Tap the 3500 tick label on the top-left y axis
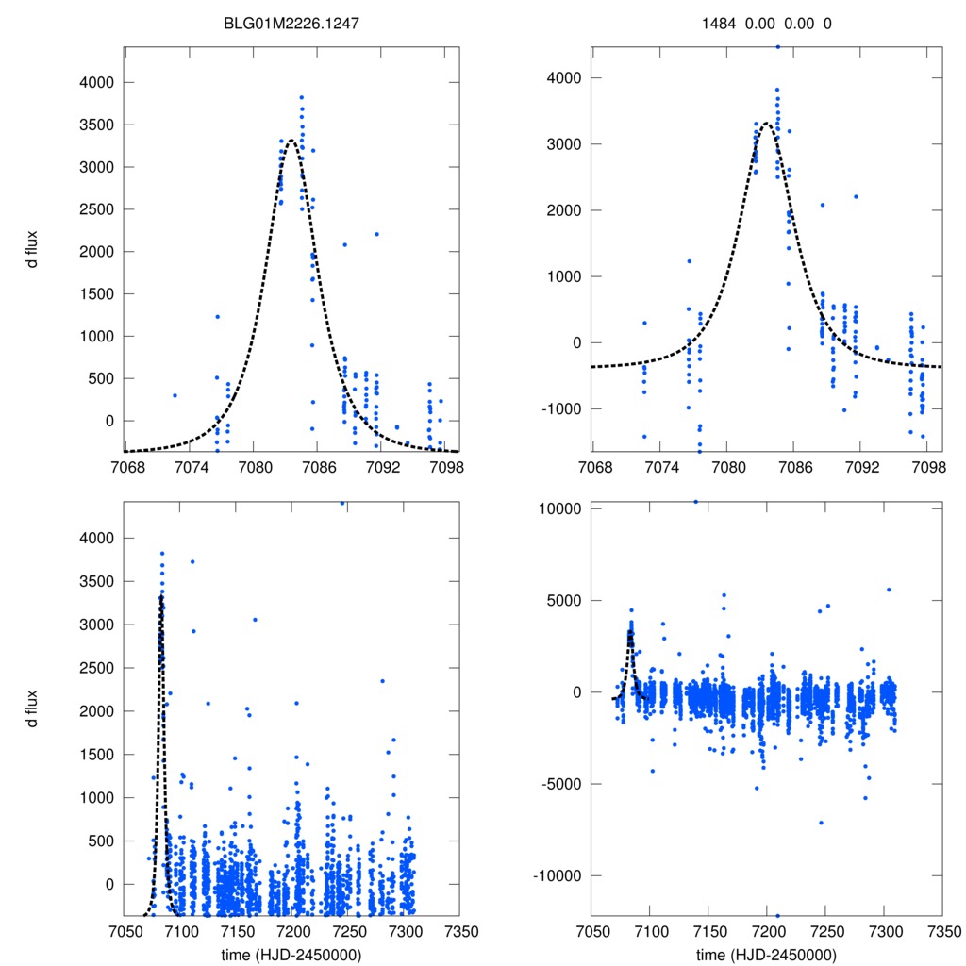pyautogui.click(x=95, y=125)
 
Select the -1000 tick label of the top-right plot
pyautogui.click(x=560, y=408)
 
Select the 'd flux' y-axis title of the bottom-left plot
pyautogui.click(x=32, y=708)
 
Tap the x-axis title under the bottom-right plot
pyautogui.click(x=767, y=954)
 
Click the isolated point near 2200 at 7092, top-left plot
pyautogui.click(x=376, y=234)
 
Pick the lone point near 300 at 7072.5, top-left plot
pyautogui.click(x=175, y=395)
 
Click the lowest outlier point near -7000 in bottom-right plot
pyautogui.click(x=822, y=823)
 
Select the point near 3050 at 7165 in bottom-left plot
pyautogui.click(x=255, y=620)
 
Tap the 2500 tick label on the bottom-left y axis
pyautogui.click(x=95, y=668)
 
